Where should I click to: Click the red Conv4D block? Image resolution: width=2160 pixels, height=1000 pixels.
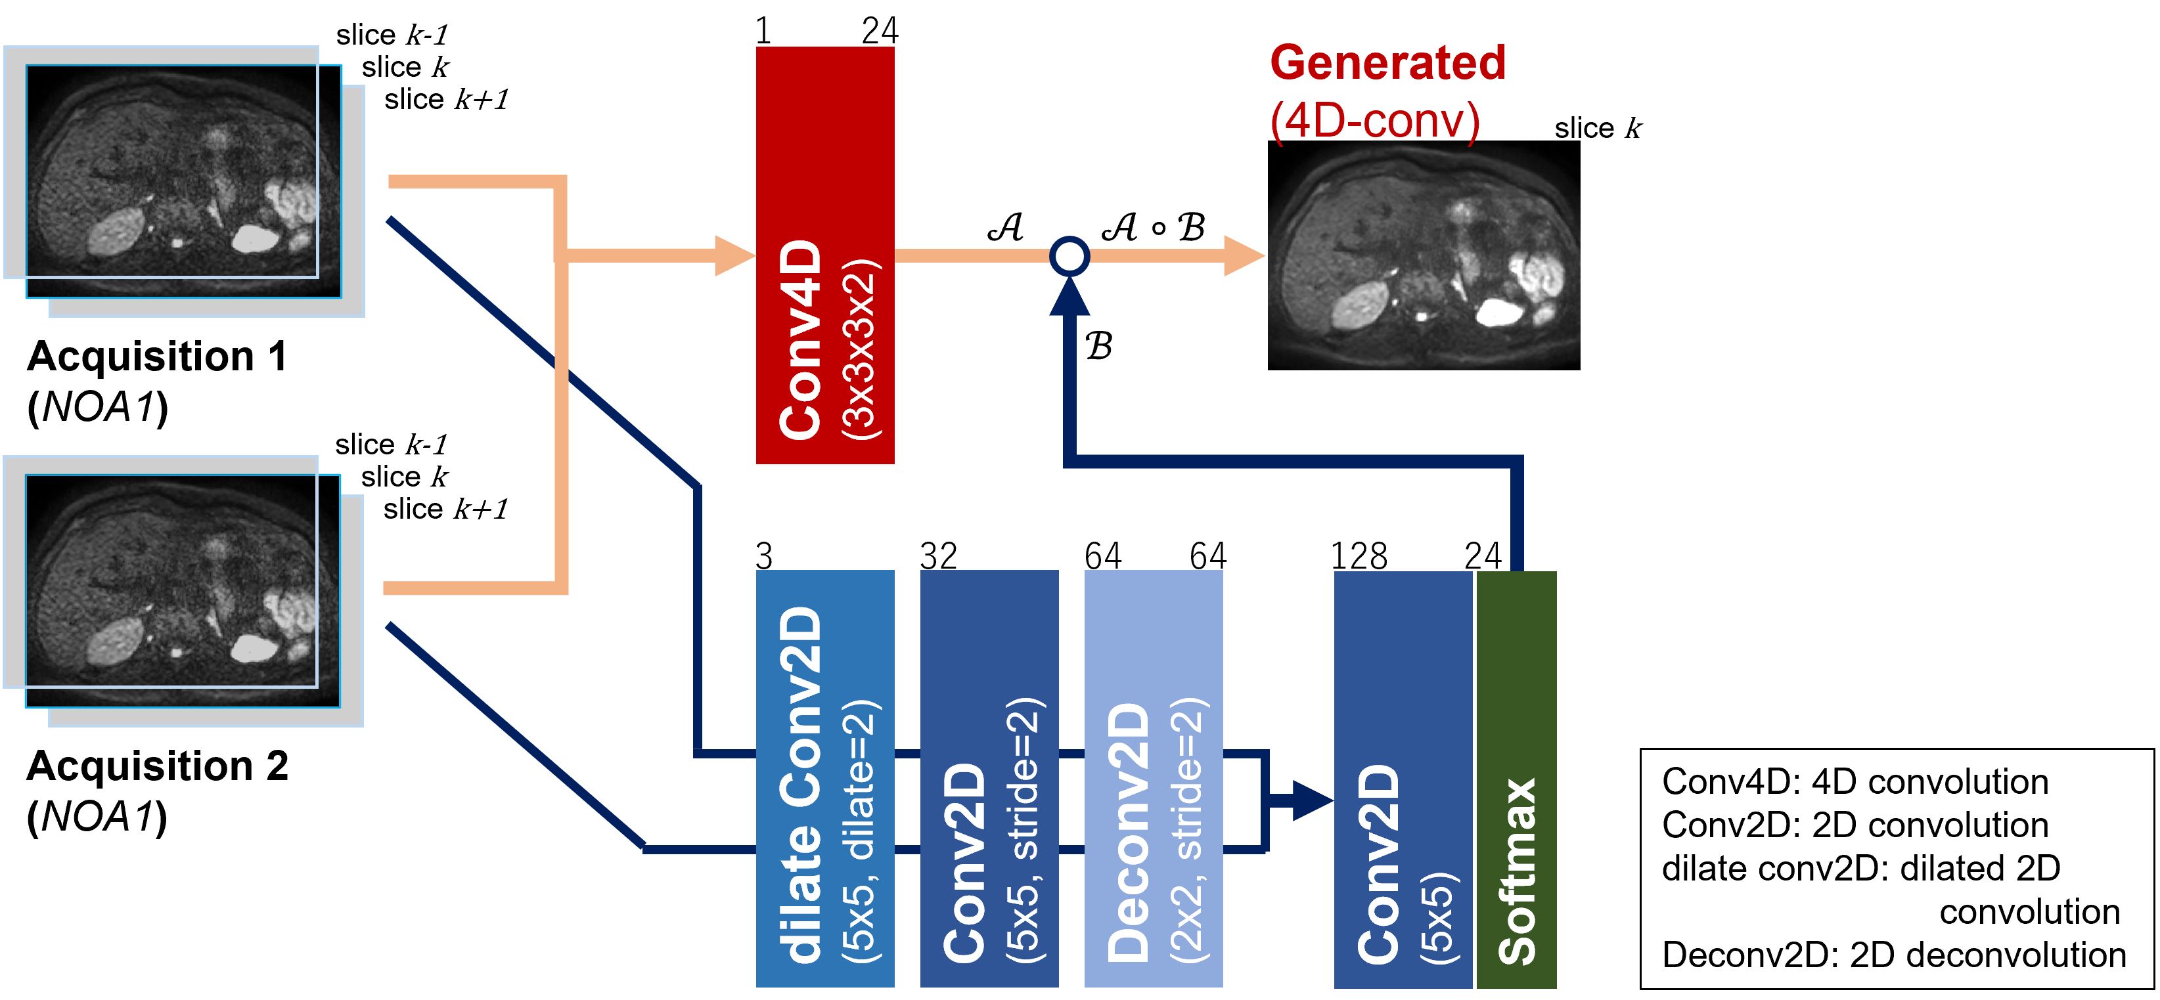pyautogui.click(x=825, y=255)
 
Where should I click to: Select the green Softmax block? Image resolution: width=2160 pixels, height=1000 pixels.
pyautogui.click(x=1516, y=779)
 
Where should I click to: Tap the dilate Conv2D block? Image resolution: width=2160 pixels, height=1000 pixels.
pyautogui.click(x=825, y=779)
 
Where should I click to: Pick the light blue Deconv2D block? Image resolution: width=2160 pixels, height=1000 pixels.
pyautogui.click(x=1154, y=779)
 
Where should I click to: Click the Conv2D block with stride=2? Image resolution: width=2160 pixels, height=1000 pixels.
pyautogui.click(x=989, y=779)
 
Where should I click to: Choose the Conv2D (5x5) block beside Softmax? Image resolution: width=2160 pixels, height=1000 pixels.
pyautogui.click(x=1403, y=779)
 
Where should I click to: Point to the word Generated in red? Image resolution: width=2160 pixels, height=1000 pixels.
pyautogui.click(x=1387, y=63)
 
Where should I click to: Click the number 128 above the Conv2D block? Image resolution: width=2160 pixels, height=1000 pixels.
pyautogui.click(x=1359, y=555)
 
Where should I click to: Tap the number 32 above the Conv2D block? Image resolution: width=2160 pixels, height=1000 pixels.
pyautogui.click(x=938, y=555)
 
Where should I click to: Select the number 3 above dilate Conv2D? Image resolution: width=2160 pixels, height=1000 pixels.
pyautogui.click(x=764, y=555)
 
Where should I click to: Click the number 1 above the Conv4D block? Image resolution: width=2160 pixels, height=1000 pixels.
pyautogui.click(x=763, y=31)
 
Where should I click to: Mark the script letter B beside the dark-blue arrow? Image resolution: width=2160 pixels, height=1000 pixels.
pyautogui.click(x=1099, y=345)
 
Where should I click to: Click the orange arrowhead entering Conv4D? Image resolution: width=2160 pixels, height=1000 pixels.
pyautogui.click(x=735, y=255)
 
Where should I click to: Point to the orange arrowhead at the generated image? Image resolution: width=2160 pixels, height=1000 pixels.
pyautogui.click(x=1245, y=255)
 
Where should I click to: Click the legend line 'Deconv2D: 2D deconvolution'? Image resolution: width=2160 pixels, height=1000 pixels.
pyautogui.click(x=1894, y=955)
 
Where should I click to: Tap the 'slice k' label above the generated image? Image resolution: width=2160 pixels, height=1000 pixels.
pyautogui.click(x=1598, y=128)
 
